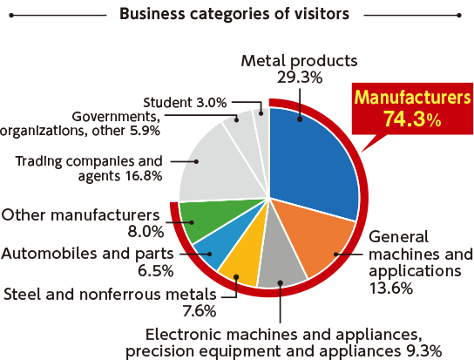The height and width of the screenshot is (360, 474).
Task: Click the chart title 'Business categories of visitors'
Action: point(234,14)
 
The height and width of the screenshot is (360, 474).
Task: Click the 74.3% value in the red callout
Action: point(413,119)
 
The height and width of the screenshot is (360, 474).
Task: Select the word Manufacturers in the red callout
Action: point(413,97)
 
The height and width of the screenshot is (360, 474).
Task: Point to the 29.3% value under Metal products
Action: point(300,78)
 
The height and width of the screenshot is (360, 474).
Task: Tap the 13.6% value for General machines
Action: point(391,288)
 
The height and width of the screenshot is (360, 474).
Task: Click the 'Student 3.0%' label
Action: point(185,103)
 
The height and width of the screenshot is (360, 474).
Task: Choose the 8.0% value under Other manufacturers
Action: point(146,232)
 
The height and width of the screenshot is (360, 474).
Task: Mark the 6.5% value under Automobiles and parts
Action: point(156,270)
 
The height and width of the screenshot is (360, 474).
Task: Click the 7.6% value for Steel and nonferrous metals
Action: point(200,310)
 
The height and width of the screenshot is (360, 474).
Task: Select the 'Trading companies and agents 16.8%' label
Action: point(89,168)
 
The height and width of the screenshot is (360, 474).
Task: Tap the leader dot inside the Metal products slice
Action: point(300,119)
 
